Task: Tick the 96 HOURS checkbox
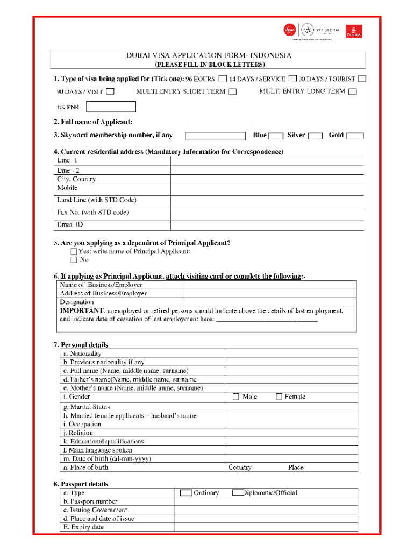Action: (x=222, y=79)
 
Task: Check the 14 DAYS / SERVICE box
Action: (x=293, y=79)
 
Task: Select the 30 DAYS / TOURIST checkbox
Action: (x=362, y=79)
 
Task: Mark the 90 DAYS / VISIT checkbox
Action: (x=110, y=91)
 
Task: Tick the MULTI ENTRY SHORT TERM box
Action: (x=232, y=92)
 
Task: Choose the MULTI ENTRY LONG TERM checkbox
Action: (x=352, y=92)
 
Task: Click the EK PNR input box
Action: (x=112, y=107)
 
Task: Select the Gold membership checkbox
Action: (x=355, y=136)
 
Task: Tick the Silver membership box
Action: (x=315, y=136)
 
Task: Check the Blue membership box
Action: (x=276, y=136)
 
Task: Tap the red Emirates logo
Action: (x=353, y=32)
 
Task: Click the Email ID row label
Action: (x=70, y=224)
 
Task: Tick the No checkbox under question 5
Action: (x=74, y=260)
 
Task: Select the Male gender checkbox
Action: (x=235, y=397)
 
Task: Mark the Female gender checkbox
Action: (x=279, y=397)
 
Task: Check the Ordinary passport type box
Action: (x=186, y=492)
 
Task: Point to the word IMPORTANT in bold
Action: (x=82, y=311)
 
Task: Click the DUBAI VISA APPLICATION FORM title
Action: (x=209, y=56)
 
